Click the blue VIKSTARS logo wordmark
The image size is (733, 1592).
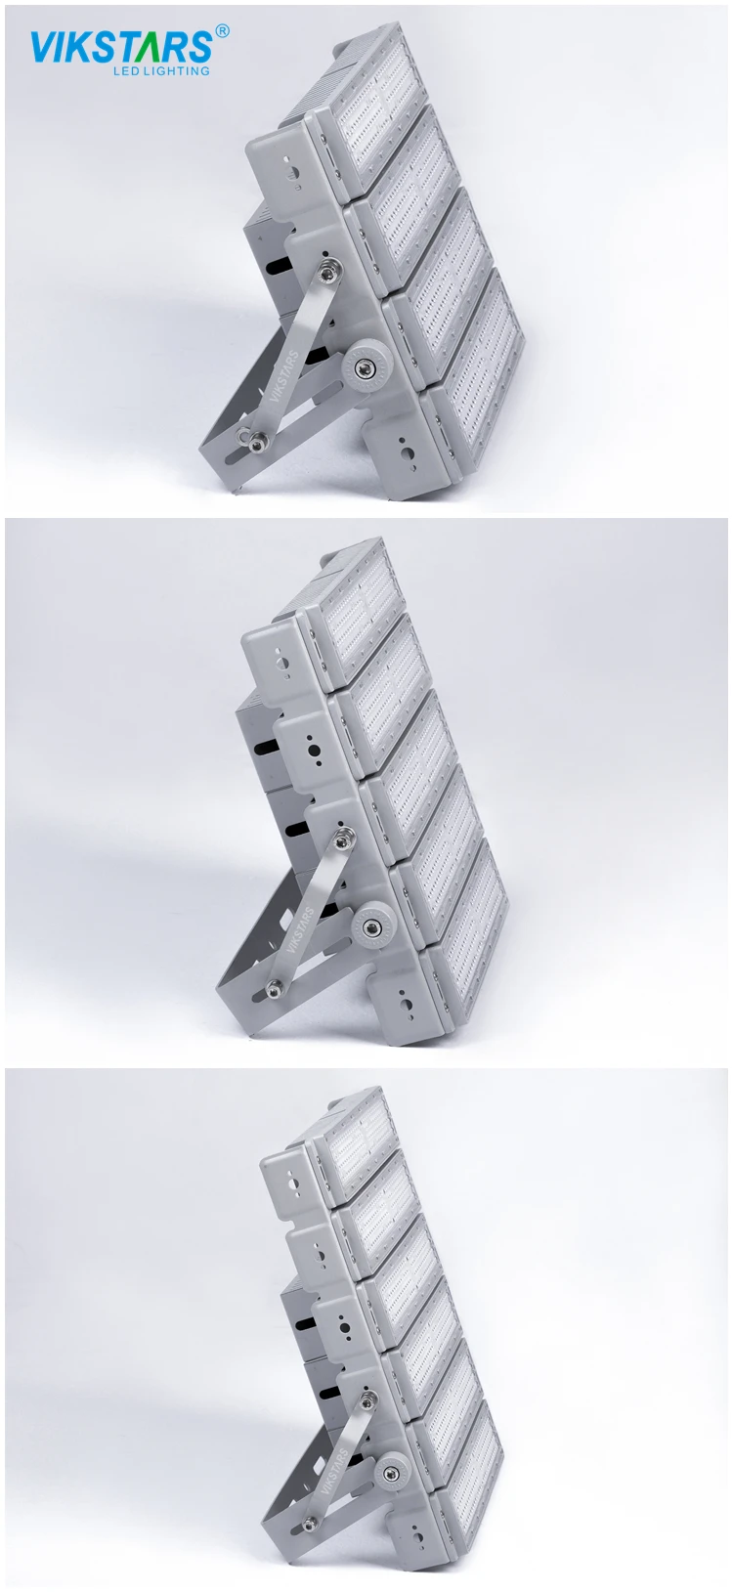point(121,47)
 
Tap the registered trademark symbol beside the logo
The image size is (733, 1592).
point(221,30)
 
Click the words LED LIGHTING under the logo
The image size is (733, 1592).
point(161,71)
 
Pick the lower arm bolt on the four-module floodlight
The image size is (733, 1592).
point(254,442)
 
